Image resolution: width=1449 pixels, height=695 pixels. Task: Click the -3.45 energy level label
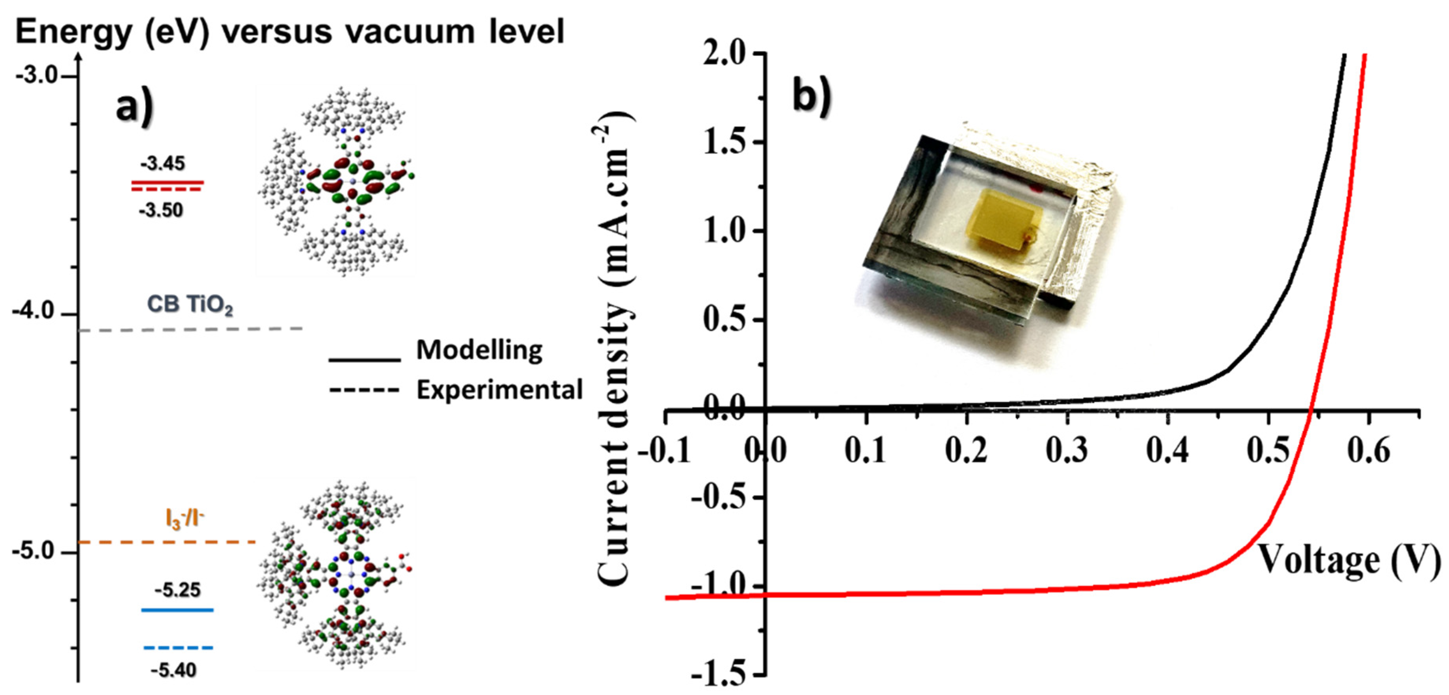tap(162, 164)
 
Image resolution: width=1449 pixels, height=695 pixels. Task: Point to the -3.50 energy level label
tap(161, 210)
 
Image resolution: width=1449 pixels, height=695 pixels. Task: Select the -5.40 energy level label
tap(174, 670)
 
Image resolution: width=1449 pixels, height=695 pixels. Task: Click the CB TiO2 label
tap(190, 305)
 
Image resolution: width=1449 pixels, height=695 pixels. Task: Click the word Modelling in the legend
tap(479, 350)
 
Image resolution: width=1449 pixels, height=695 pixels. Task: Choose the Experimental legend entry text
tap(499, 390)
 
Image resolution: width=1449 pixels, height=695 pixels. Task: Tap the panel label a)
tap(134, 107)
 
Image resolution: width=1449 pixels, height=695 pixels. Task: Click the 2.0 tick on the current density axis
tap(728, 54)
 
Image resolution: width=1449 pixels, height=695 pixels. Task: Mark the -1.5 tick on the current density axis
tap(721, 674)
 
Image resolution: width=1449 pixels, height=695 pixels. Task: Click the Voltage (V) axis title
tap(1349, 560)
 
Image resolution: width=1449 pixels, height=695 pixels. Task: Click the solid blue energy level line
tap(178, 610)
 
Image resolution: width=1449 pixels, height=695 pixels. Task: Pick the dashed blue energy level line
tap(178, 648)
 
